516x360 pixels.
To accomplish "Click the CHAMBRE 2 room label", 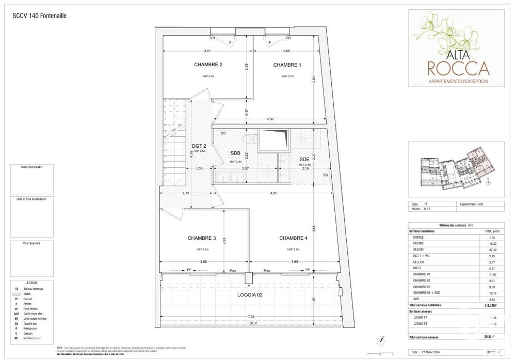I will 208,65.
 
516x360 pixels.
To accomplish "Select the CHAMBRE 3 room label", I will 202,238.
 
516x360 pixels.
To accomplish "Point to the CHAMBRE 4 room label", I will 293,238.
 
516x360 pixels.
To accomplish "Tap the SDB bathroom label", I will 236,153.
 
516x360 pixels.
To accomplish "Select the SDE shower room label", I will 304,159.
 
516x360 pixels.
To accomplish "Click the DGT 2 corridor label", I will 199,146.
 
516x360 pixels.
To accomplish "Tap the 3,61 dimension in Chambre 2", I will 207,51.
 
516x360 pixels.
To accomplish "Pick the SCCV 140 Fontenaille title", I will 39,15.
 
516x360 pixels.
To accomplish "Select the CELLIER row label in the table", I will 420,262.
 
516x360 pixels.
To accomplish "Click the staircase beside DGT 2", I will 174,145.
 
